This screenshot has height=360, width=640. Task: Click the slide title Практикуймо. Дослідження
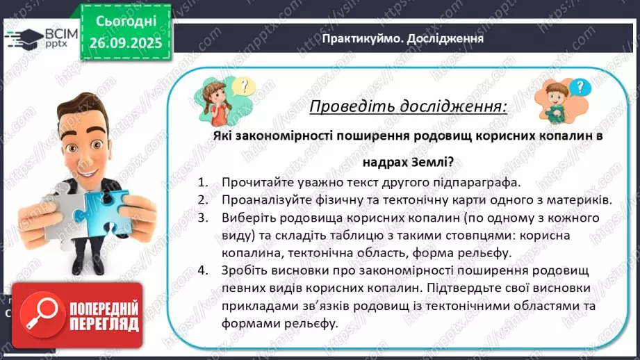click(x=402, y=38)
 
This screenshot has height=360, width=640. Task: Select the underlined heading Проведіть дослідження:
click(x=407, y=107)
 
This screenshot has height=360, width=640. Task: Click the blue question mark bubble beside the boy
click(x=582, y=88)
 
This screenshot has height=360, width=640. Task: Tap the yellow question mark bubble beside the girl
click(x=242, y=87)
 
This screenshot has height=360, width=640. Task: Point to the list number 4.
click(x=202, y=271)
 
